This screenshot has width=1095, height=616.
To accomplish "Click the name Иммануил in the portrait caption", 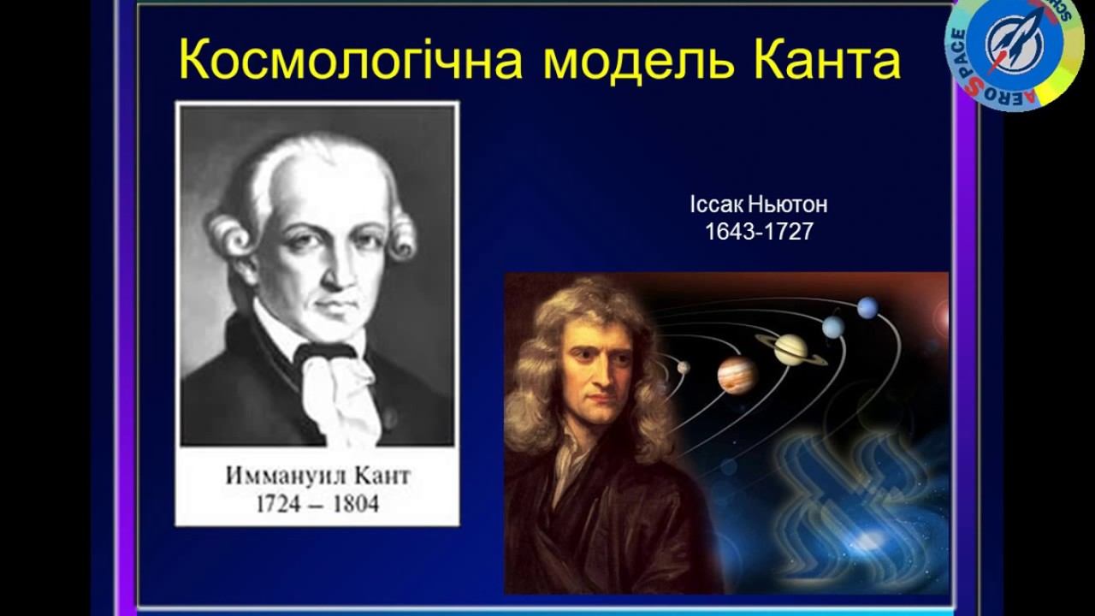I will coord(281,477).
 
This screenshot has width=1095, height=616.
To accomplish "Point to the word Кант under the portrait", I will coord(376,477).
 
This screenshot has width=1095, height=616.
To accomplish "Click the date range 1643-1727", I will coord(759,232).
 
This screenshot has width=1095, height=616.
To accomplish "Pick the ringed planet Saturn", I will coord(791,348).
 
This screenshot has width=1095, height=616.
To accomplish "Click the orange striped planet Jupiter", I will coord(737,374).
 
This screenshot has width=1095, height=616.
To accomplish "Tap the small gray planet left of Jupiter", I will coord(684,368).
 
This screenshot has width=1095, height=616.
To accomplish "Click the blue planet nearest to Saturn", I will coord(832,327).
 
